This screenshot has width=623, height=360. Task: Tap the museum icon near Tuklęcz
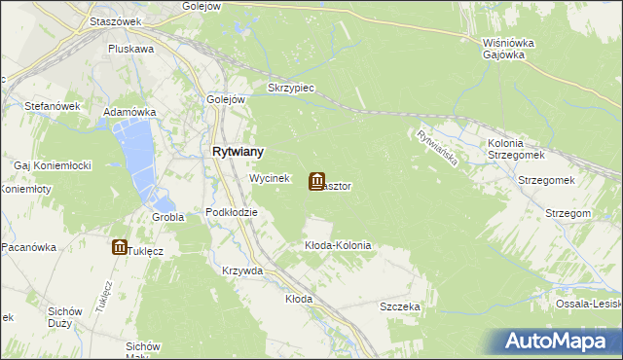[119, 248]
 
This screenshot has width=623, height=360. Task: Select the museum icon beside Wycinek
[317, 181]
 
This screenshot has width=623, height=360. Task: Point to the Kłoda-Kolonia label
[338, 246]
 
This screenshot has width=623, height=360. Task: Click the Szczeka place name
[400, 306]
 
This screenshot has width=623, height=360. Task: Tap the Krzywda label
[242, 271]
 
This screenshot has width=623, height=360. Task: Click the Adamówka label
[130, 112]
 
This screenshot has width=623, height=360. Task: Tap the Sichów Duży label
[64, 317]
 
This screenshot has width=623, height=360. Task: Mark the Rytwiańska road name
[436, 150]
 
